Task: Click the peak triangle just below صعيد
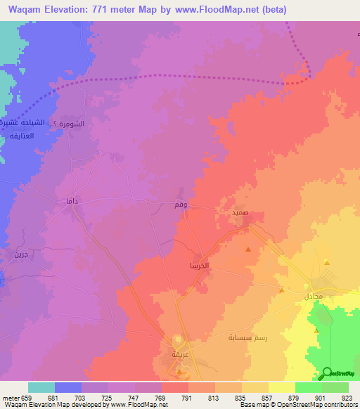[247, 249]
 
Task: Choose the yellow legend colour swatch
[281, 387]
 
